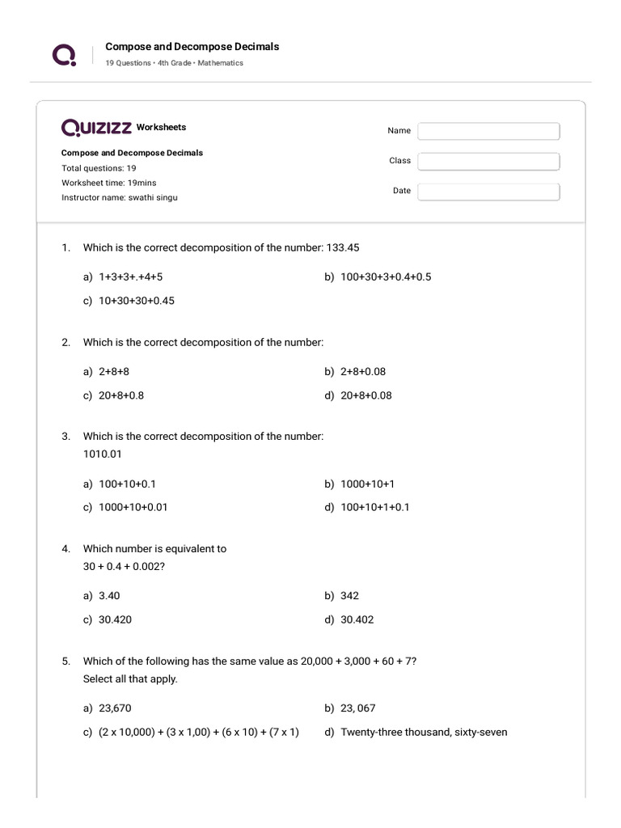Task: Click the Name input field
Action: pos(488,131)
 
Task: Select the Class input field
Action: pos(488,161)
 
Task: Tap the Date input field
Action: pos(488,192)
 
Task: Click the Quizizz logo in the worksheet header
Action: pos(96,128)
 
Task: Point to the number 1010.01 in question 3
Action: pos(103,454)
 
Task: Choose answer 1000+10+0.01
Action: pos(133,508)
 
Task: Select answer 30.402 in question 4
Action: pos(357,620)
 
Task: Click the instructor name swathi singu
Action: pos(152,197)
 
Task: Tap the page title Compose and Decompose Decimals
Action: pos(192,47)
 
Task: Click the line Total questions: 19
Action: pos(99,168)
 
